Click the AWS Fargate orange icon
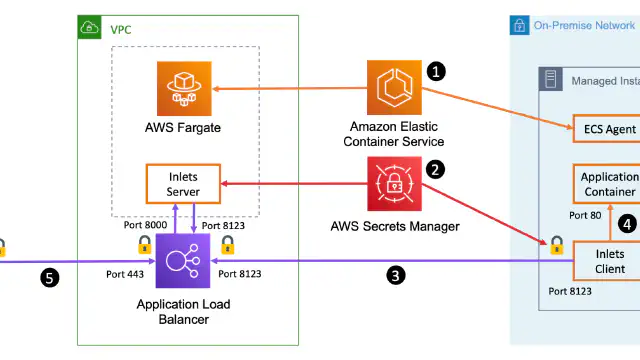click(x=184, y=89)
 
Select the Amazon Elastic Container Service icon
click(x=394, y=87)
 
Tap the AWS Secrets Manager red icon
click(x=394, y=184)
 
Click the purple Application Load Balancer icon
click(x=183, y=261)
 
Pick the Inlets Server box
click(x=183, y=184)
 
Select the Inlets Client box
click(x=607, y=261)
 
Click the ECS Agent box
click(x=607, y=129)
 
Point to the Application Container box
click(x=607, y=184)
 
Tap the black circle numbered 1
click(x=436, y=72)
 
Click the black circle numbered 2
click(x=435, y=169)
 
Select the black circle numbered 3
click(x=396, y=276)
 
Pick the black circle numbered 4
click(x=627, y=224)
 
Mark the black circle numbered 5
click(x=49, y=278)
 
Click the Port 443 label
click(x=125, y=274)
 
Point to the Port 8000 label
click(x=145, y=225)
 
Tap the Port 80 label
click(x=585, y=216)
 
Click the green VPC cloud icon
click(x=89, y=27)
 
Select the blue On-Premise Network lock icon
click(x=520, y=25)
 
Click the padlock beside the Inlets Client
click(x=557, y=245)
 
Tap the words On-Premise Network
click(x=584, y=25)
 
